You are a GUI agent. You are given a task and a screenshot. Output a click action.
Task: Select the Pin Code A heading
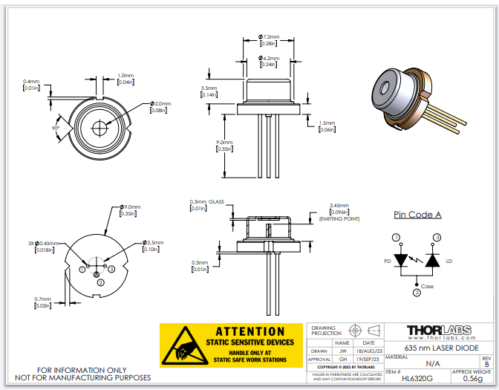click(x=417, y=215)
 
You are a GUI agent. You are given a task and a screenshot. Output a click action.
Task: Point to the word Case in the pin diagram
click(x=427, y=286)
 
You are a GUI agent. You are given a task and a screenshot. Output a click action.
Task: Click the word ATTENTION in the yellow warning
click(x=249, y=331)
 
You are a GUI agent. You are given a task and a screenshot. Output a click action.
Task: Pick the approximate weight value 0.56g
click(x=472, y=378)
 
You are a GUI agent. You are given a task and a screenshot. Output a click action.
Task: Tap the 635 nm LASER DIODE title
click(x=440, y=348)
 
